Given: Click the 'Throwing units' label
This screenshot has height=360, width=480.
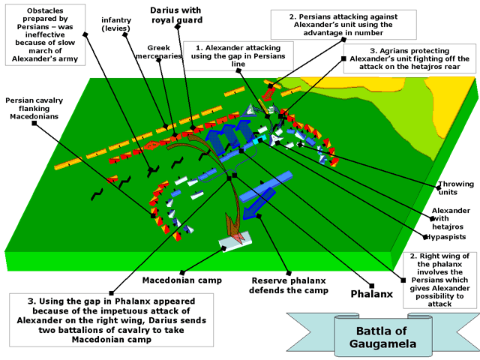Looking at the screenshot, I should point(457,187).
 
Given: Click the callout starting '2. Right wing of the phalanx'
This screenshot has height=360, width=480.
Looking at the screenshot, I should point(440,280).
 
